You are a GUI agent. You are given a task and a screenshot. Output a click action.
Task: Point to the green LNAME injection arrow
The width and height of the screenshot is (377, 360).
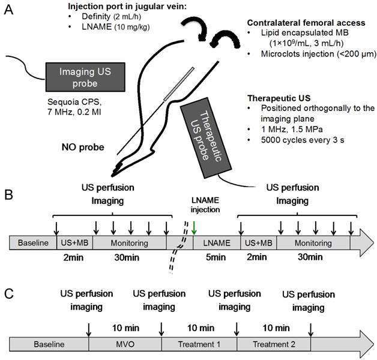pos(194,228)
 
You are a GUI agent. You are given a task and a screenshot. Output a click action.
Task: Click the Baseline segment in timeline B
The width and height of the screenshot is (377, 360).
pos(32,243)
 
